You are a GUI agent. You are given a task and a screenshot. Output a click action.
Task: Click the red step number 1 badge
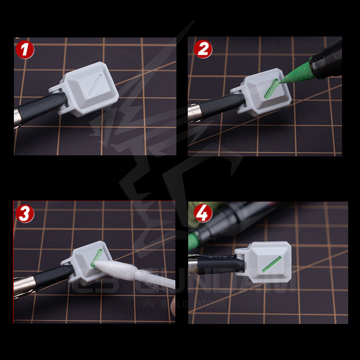tap(25, 50)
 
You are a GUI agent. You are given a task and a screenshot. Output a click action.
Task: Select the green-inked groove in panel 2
tap(271, 88)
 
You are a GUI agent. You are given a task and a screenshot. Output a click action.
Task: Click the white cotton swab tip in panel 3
tap(116, 268)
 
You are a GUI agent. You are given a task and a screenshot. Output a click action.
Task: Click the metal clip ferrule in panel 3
tap(23, 284)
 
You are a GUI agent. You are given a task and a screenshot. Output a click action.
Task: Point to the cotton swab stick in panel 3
tap(154, 281)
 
